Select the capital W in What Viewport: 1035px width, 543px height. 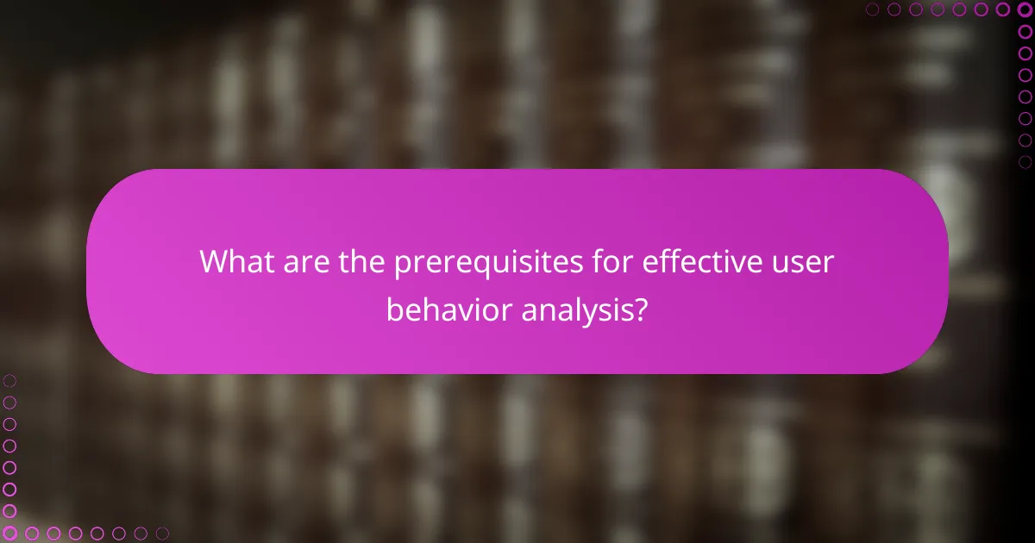point(214,261)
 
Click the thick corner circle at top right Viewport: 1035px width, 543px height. point(1025,9)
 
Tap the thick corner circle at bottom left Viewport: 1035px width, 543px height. point(9,534)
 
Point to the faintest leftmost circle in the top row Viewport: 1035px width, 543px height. point(872,9)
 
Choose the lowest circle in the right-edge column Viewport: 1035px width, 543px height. point(1025,162)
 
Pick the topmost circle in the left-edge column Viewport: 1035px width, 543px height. point(9,380)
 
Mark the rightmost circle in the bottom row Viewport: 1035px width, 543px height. point(162,534)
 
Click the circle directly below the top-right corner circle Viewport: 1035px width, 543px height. point(1025,32)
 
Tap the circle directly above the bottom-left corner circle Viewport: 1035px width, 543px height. point(9,511)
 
